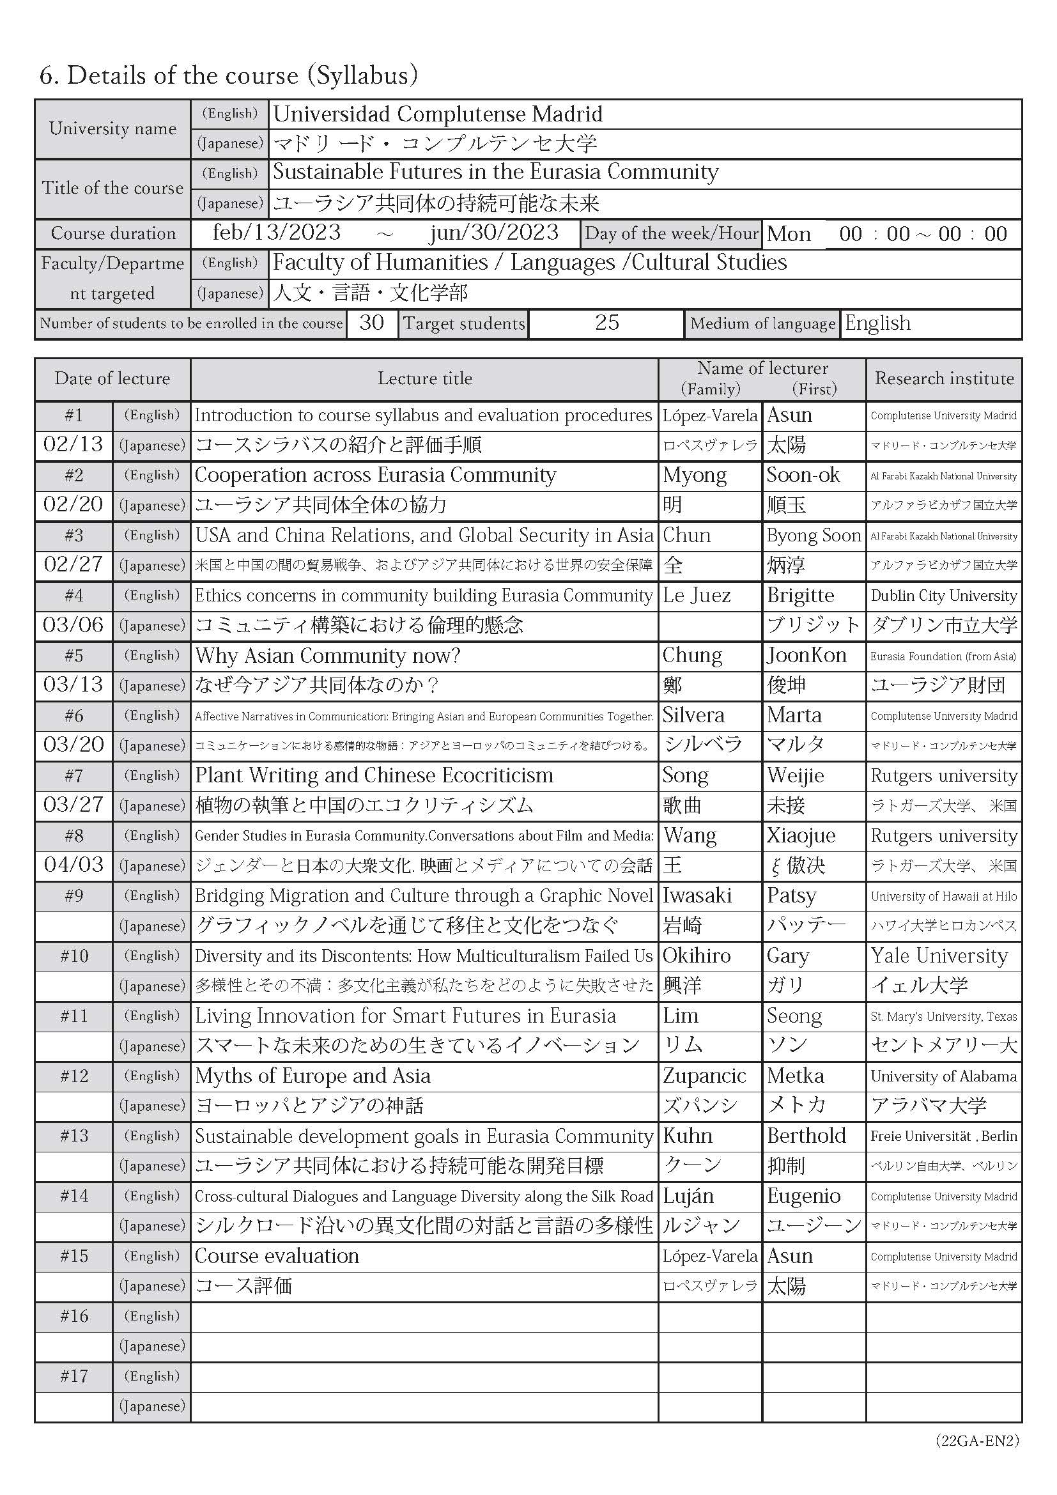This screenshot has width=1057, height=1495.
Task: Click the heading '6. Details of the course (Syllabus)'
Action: tap(228, 75)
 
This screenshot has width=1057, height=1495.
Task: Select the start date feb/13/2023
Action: tap(277, 233)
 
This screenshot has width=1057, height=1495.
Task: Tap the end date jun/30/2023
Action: tap(493, 233)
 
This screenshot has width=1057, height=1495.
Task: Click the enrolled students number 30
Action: tap(372, 323)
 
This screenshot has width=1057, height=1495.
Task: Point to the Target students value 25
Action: tap(606, 323)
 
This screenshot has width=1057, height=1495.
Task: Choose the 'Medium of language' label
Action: tap(762, 323)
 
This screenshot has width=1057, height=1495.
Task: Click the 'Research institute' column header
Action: tap(944, 378)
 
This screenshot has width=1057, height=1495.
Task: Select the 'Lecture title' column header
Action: tap(424, 378)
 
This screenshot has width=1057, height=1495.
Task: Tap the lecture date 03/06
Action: tap(73, 625)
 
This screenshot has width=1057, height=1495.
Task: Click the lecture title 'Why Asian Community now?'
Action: tap(327, 656)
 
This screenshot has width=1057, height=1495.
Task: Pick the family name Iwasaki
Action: tap(697, 896)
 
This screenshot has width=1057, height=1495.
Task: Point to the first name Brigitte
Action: tap(801, 596)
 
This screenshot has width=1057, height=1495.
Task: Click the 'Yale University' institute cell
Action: tap(939, 956)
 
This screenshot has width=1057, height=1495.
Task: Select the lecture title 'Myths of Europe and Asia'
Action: tap(313, 1076)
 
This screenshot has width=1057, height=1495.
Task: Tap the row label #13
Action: tap(73, 1136)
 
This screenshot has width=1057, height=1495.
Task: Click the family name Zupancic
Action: tap(704, 1076)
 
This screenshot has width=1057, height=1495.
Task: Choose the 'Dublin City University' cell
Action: tap(944, 596)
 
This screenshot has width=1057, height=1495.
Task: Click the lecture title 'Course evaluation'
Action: tap(277, 1256)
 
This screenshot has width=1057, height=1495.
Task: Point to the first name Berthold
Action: tap(806, 1136)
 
